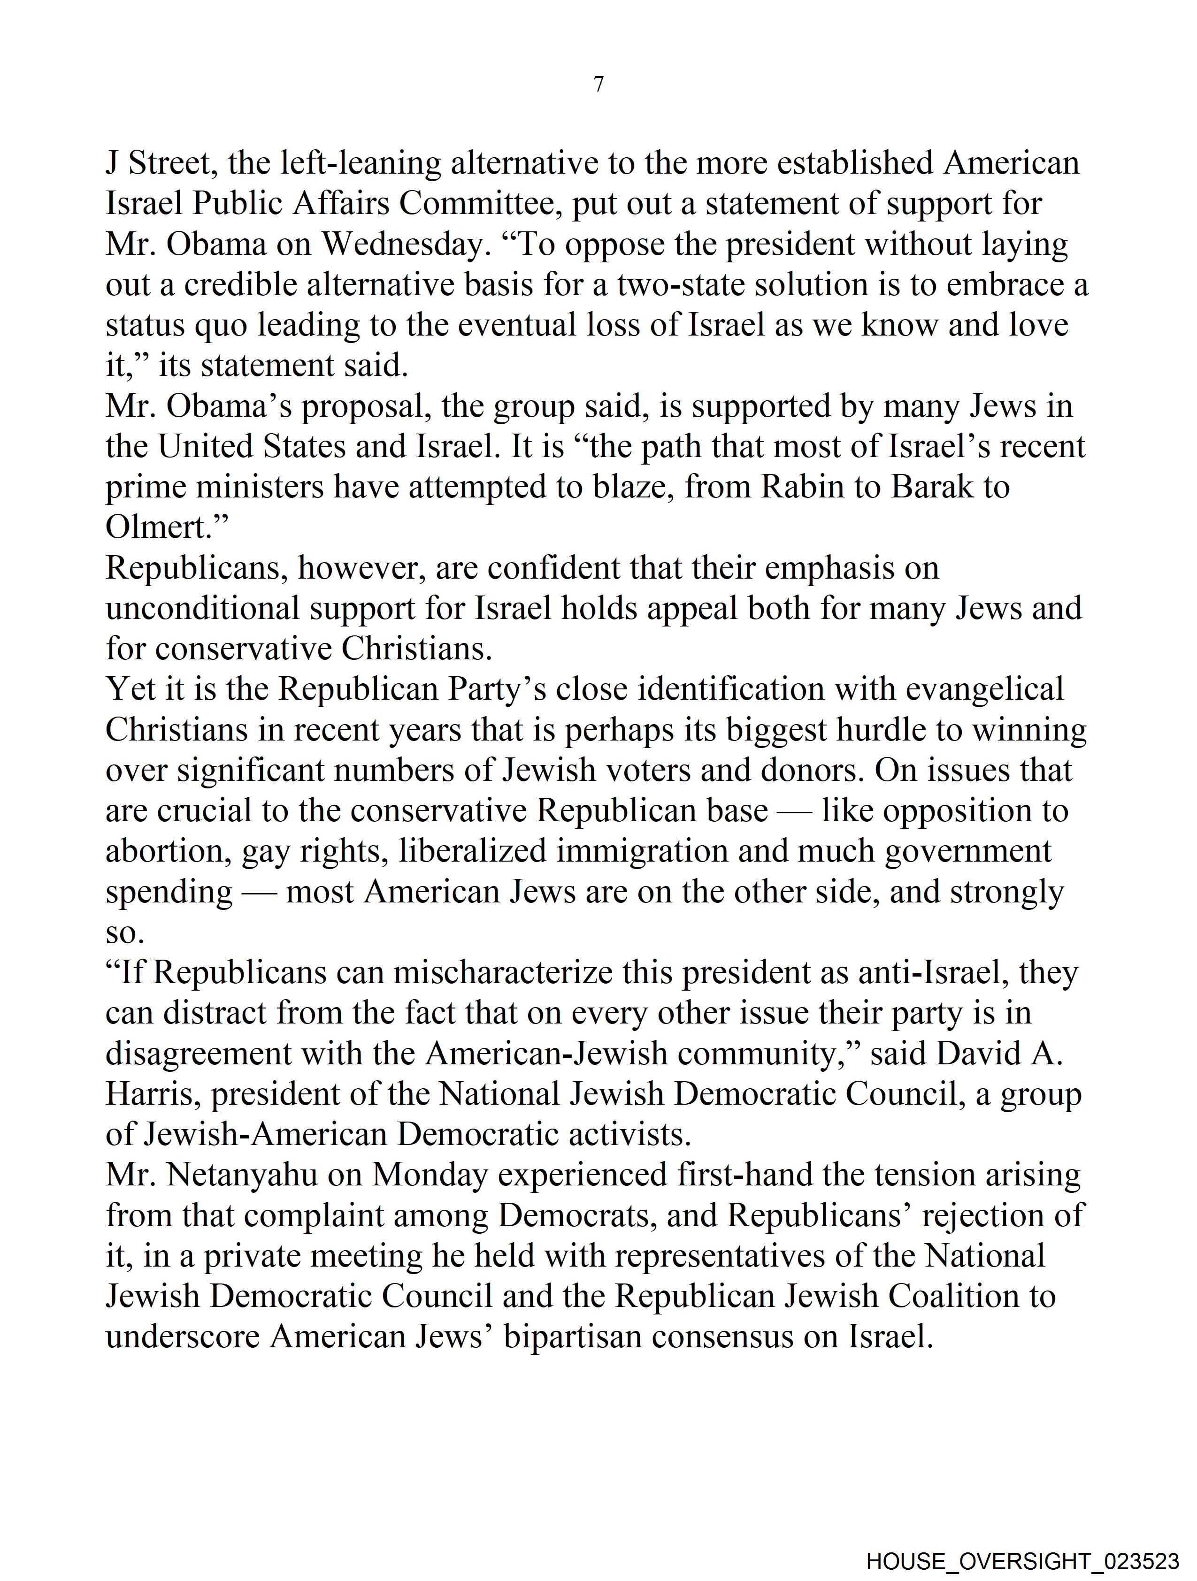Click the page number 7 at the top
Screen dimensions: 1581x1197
click(x=598, y=84)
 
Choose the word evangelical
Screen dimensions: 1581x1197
click(x=985, y=689)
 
